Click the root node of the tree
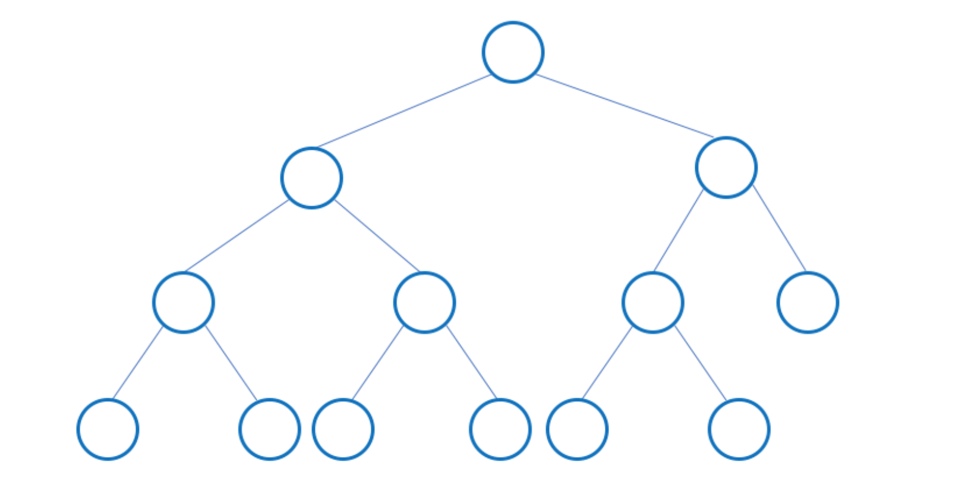tap(513, 52)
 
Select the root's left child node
tap(311, 178)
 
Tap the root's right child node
tap(726, 167)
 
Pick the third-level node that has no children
tap(808, 303)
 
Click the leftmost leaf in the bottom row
tap(108, 429)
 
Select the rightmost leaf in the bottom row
tap(739, 429)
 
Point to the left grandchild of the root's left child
tap(183, 303)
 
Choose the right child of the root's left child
tap(424, 303)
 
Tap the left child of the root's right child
tap(652, 303)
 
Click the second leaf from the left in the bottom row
tap(269, 429)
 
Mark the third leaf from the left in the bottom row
tap(343, 429)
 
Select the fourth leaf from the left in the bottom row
tap(500, 429)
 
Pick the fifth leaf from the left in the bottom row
tap(577, 429)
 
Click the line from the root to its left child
tap(404, 111)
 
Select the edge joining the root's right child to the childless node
tap(780, 228)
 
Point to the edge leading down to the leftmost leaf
tap(137, 363)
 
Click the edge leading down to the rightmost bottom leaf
tap(701, 363)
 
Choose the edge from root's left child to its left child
tap(236, 236)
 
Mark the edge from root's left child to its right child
tap(377, 235)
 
